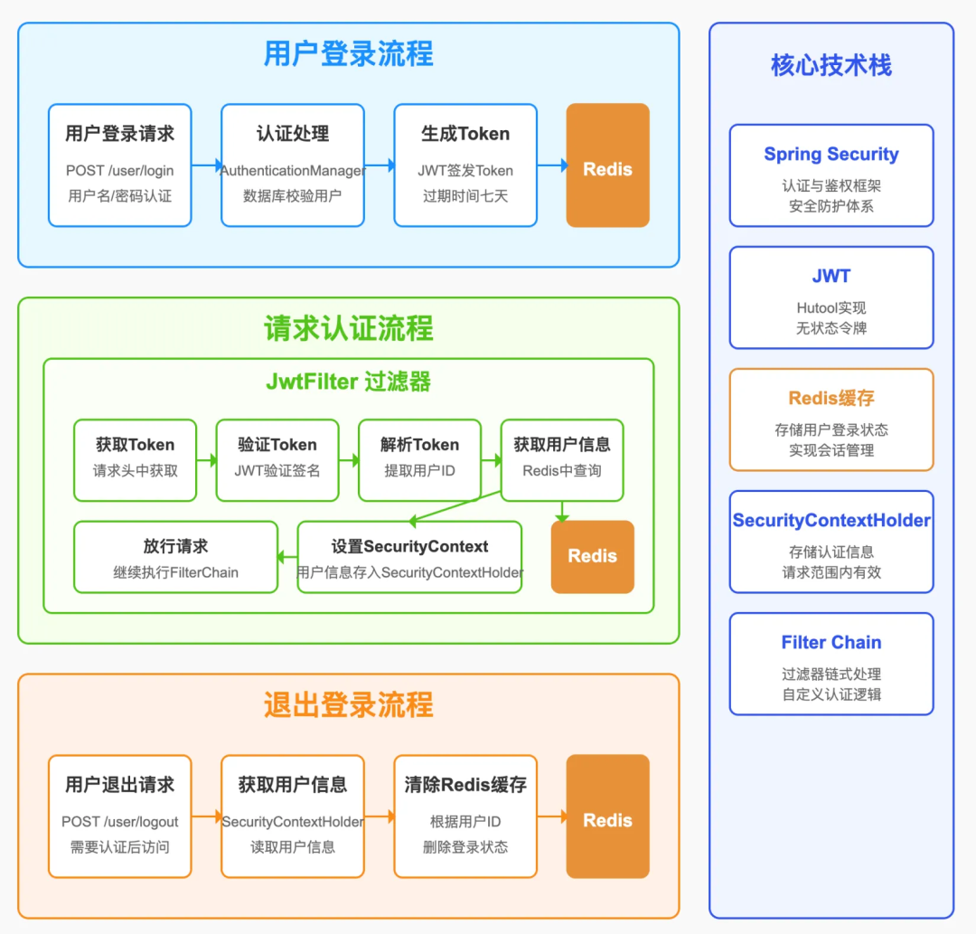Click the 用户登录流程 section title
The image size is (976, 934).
[348, 53]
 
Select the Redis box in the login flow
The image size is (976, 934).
[607, 165]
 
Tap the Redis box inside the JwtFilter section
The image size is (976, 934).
[592, 557]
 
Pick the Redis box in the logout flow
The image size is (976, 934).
[607, 816]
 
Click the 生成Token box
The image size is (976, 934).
[465, 165]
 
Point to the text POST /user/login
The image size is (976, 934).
[119, 171]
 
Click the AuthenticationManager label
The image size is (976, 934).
[293, 171]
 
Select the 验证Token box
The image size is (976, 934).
[277, 459]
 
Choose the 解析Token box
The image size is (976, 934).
[419, 459]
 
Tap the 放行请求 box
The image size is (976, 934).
[175, 557]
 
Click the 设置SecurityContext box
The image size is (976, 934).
[409, 557]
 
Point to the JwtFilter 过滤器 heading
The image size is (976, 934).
[348, 382]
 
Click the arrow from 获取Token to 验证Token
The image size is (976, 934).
[207, 460]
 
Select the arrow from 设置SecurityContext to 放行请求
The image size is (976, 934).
[287, 557]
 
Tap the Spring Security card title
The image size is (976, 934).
[831, 155]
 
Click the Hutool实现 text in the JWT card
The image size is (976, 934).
[831, 308]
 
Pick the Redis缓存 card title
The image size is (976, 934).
[831, 399]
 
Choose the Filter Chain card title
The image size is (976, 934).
[831, 643]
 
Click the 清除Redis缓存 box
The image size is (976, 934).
[465, 816]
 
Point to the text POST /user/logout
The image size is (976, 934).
[119, 822]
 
